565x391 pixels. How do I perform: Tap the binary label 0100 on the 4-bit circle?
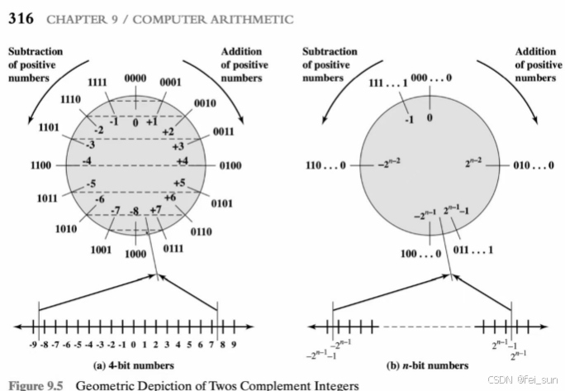[x=231, y=165]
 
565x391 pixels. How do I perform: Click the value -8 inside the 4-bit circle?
[x=135, y=212]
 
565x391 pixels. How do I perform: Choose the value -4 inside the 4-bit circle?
[x=87, y=160]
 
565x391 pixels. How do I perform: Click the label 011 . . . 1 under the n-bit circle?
[x=475, y=248]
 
